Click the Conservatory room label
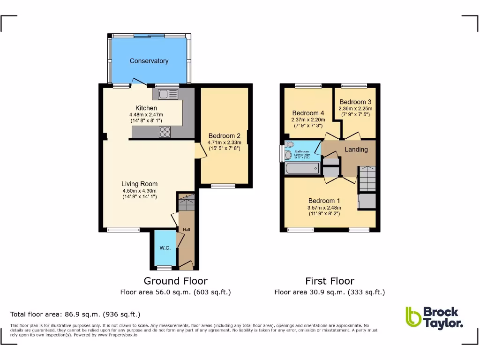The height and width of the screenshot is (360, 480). (x=149, y=61)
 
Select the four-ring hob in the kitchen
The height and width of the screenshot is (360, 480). (x=165, y=132)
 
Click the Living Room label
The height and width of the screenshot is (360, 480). (x=139, y=184)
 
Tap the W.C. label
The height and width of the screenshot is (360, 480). (x=165, y=248)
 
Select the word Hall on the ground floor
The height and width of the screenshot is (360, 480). (x=186, y=230)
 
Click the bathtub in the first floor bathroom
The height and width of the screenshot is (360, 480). (x=302, y=168)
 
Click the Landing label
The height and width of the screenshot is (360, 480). (x=356, y=150)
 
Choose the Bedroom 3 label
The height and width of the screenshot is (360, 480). (x=355, y=102)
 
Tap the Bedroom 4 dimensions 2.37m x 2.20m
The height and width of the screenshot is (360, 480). (x=308, y=120)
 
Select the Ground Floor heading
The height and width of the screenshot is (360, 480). (x=175, y=281)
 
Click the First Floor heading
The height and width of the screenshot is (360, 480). (x=330, y=281)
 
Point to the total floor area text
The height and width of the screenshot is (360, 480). (x=75, y=314)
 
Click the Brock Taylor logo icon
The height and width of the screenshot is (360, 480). (x=413, y=317)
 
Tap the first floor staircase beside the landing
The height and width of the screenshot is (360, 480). (x=367, y=179)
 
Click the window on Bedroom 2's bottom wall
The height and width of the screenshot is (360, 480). (x=223, y=186)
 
